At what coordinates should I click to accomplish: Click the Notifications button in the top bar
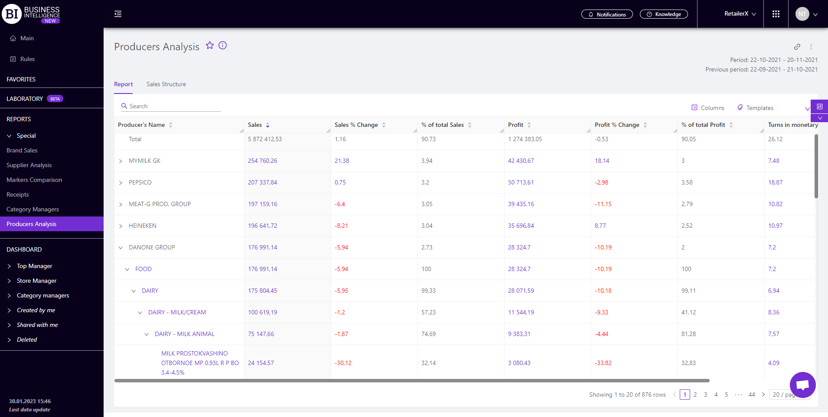click(x=606, y=14)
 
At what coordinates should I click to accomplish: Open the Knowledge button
click(x=663, y=14)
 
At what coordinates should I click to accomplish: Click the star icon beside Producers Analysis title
click(x=210, y=45)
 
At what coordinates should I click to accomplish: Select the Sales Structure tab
click(x=166, y=84)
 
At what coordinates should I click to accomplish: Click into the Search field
click(x=173, y=106)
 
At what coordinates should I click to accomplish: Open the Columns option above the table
click(x=707, y=108)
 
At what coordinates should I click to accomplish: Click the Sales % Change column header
click(x=356, y=125)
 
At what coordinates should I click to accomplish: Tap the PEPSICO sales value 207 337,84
click(x=262, y=182)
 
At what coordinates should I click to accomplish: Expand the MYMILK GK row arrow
click(x=121, y=161)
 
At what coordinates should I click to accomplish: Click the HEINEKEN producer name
click(x=142, y=226)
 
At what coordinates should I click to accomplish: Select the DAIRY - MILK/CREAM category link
click(x=177, y=312)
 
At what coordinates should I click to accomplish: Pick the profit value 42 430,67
click(x=521, y=161)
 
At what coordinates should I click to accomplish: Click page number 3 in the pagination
click(x=705, y=394)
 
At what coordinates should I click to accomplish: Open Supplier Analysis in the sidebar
click(x=29, y=165)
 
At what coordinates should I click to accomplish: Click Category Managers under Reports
click(x=33, y=209)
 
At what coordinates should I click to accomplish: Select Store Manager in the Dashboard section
click(x=36, y=281)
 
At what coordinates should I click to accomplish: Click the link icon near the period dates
click(x=797, y=47)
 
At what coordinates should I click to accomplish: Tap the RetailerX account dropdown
click(x=740, y=14)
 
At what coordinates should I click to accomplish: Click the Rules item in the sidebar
click(x=27, y=59)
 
